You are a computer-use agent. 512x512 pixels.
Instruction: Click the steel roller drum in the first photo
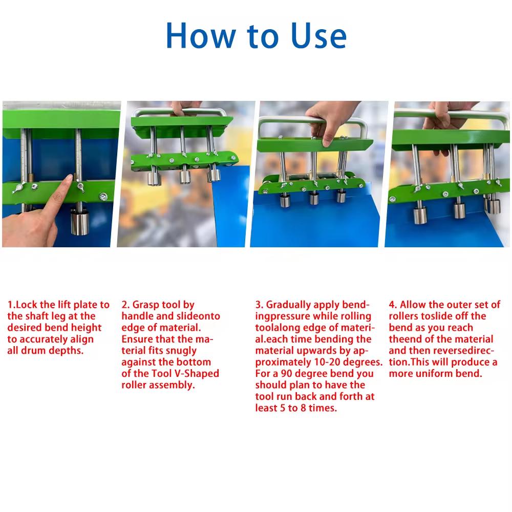(x=79, y=223)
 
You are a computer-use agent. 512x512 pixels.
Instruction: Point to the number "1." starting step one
(x=11, y=305)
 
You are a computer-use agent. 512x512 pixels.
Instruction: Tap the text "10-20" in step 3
(x=330, y=362)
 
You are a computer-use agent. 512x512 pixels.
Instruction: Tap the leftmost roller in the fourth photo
(x=420, y=212)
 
